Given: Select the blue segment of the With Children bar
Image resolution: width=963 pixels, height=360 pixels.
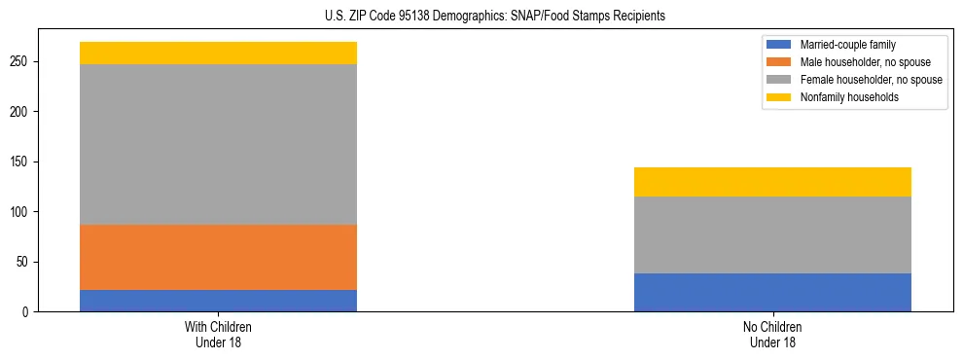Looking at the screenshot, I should tap(218, 301).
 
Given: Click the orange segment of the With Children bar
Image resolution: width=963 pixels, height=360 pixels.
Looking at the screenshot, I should tap(218, 257).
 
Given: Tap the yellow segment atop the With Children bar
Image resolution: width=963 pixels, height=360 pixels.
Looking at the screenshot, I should tap(218, 53).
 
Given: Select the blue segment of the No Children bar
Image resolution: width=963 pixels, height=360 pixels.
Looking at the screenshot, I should tap(772, 292).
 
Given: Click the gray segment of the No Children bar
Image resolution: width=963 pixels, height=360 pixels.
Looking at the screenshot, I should tap(772, 234).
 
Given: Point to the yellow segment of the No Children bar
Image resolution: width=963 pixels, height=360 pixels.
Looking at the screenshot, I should tap(772, 182).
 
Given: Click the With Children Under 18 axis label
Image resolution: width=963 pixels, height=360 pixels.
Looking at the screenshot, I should tap(218, 334).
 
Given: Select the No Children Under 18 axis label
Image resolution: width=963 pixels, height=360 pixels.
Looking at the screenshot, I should tap(772, 334).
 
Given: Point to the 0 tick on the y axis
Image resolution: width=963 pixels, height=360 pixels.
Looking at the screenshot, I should tap(27, 312).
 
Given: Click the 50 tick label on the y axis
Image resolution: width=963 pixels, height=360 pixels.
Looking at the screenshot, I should tap(24, 262).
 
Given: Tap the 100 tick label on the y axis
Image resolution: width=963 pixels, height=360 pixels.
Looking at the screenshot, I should tap(21, 212).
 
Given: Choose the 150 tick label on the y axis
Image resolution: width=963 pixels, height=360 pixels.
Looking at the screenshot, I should tap(21, 162).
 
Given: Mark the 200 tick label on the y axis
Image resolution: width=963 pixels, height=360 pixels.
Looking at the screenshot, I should tap(21, 112).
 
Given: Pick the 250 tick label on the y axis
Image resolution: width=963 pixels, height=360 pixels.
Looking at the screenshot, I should tap(21, 61).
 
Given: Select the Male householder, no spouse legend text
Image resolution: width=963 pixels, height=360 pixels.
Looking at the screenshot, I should tap(865, 62).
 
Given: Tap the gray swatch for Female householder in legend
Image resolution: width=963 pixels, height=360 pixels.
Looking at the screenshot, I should tap(778, 80).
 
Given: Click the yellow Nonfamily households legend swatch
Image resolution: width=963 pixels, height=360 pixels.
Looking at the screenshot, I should tap(778, 97).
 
